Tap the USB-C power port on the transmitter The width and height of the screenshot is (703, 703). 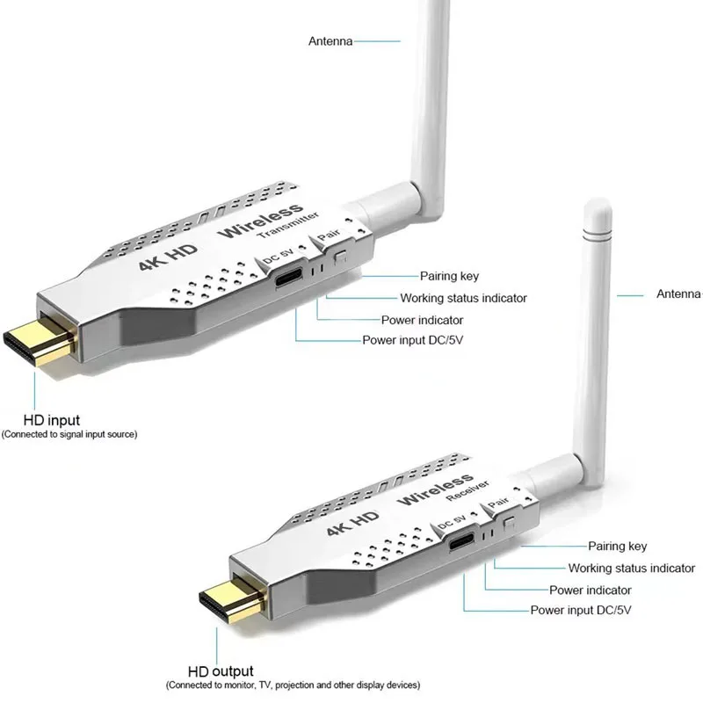click(287, 279)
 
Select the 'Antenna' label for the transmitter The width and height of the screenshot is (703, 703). click(330, 40)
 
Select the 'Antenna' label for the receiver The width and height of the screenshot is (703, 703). click(678, 294)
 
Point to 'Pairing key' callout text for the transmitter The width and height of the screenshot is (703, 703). click(449, 276)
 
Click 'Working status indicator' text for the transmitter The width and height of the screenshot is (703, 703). click(463, 298)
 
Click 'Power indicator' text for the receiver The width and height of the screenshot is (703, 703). click(591, 590)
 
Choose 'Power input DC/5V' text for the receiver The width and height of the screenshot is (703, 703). click(581, 610)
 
